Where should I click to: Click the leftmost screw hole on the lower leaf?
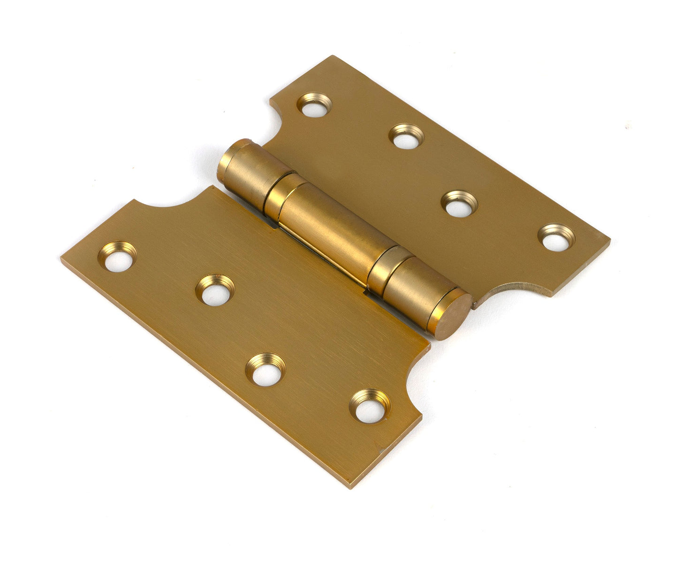(x=117, y=258)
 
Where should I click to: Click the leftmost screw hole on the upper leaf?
(x=314, y=105)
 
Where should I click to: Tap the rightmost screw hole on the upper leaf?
(x=556, y=238)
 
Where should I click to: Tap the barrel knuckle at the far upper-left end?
(x=244, y=169)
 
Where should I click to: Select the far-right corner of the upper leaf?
(x=609, y=238)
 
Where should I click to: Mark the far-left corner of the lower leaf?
(x=62, y=257)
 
